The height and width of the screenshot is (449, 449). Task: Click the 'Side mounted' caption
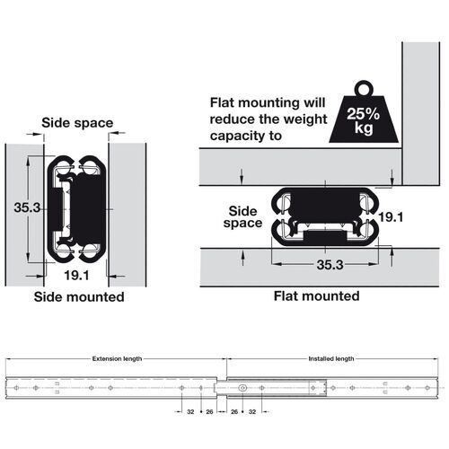(78, 295)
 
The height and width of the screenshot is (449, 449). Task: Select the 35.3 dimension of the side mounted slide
(28, 207)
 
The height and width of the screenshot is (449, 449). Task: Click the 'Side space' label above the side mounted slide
(76, 123)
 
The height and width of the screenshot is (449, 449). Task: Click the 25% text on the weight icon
(363, 114)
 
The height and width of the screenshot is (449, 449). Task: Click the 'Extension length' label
(117, 358)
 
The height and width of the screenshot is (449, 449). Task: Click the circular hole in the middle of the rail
(243, 385)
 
